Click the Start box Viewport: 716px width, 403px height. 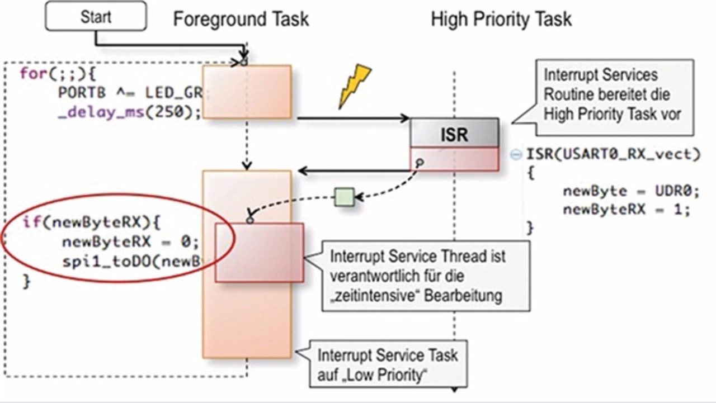click(96, 16)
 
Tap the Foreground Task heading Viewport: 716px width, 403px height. click(241, 19)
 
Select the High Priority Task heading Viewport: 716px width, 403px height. click(501, 19)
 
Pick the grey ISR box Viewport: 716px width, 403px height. click(454, 134)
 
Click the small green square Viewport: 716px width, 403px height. click(345, 197)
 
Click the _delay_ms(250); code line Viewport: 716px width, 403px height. click(129, 111)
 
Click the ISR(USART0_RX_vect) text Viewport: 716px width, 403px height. click(613, 154)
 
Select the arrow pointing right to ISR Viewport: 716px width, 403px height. click(352, 118)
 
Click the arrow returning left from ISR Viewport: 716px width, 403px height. click(352, 170)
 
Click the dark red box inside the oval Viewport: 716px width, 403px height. click(259, 252)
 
